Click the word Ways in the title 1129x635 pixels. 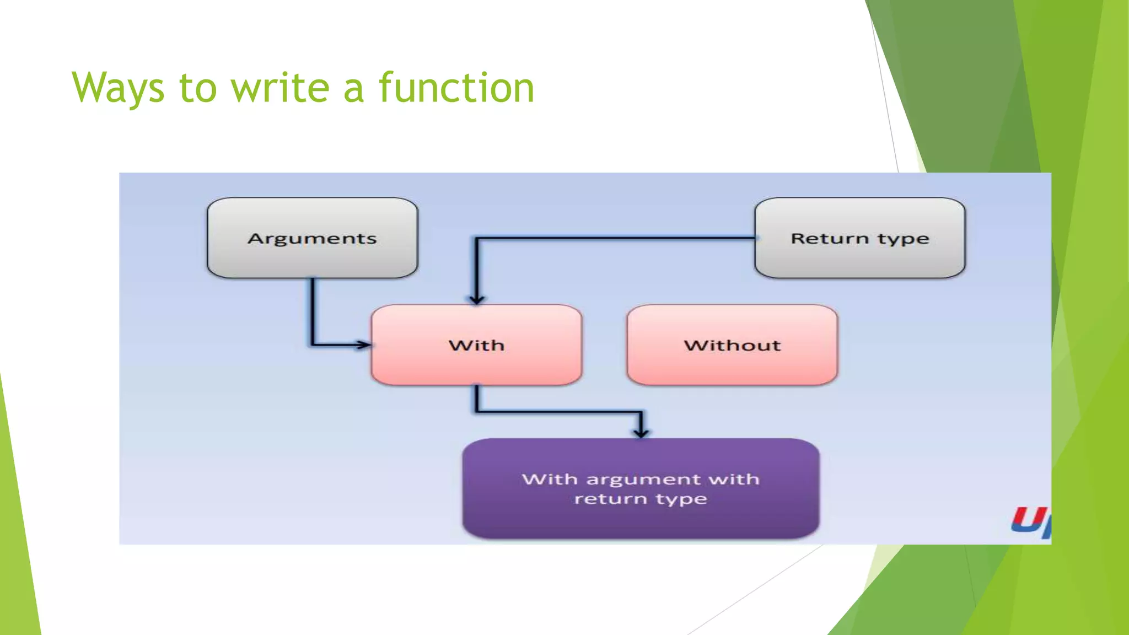pyautogui.click(x=118, y=88)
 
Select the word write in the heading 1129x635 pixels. pyautogui.click(x=279, y=88)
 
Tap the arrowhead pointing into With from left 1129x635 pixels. pyautogui.click(x=364, y=345)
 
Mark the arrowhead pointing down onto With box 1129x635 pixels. pyautogui.click(x=476, y=299)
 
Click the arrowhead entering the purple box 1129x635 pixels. pyautogui.click(x=641, y=433)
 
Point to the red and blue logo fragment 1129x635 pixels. pyautogui.click(x=1030, y=520)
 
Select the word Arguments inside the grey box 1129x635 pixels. pyautogui.click(x=312, y=238)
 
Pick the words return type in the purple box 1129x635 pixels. pyautogui.click(x=641, y=499)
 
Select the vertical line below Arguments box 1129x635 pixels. pyautogui.click(x=313, y=311)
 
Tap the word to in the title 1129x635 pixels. pyautogui.click(x=198, y=88)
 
